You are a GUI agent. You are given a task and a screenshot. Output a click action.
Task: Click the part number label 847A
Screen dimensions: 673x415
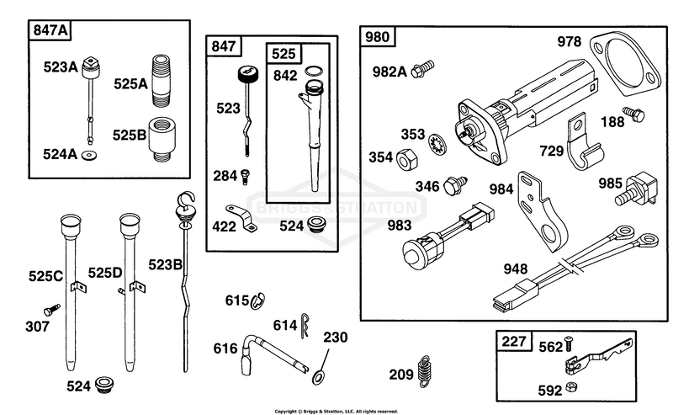coord(50,30)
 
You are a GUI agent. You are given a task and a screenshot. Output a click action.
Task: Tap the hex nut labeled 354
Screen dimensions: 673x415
coord(406,160)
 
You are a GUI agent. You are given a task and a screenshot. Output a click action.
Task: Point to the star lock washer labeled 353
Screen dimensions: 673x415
coord(437,143)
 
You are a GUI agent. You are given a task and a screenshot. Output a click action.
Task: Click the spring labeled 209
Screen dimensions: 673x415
coord(424,371)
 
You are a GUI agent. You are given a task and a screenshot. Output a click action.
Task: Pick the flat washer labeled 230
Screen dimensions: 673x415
coord(318,377)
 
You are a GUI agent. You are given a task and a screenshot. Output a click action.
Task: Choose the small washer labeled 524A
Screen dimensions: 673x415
coord(89,155)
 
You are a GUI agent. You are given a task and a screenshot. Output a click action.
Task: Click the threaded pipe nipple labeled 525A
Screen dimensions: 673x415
coord(161,80)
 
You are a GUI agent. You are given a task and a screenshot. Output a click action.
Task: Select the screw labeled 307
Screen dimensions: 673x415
coord(51,310)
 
